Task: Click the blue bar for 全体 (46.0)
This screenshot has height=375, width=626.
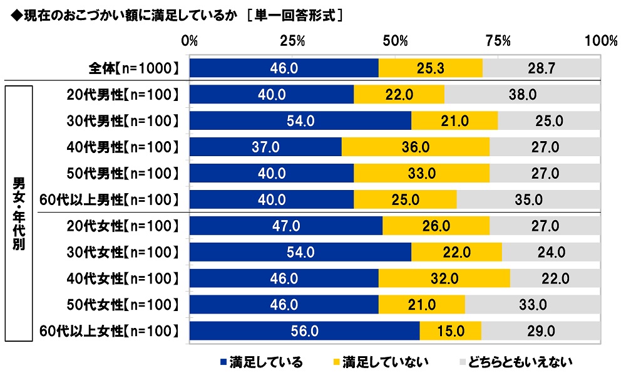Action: click(284, 68)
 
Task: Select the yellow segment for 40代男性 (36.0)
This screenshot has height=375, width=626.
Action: click(416, 147)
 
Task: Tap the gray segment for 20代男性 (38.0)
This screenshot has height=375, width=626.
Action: click(522, 94)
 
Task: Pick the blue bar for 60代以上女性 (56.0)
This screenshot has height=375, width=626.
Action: click(304, 330)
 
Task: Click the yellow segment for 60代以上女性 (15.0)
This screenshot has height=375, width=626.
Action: click(451, 330)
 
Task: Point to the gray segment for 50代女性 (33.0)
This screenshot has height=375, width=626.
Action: click(533, 304)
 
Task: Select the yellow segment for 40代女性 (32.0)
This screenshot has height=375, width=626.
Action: click(444, 278)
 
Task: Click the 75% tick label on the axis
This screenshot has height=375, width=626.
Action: click(498, 41)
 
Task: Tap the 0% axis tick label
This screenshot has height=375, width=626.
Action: click(190, 41)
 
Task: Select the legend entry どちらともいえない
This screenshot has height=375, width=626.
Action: click(521, 362)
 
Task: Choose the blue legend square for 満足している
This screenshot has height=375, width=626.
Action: click(223, 362)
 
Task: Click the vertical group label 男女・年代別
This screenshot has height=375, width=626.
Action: click(19, 213)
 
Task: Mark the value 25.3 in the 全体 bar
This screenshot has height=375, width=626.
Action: click(431, 68)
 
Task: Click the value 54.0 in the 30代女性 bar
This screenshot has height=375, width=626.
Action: click(300, 252)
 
